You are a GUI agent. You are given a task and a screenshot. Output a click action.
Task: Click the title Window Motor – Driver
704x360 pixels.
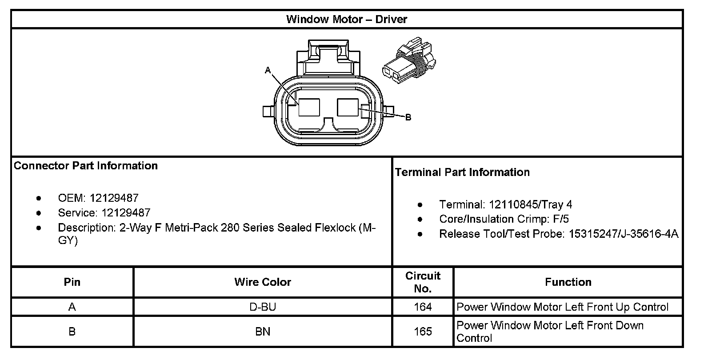(346, 19)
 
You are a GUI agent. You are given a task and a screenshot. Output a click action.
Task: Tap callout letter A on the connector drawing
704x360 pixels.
(268, 70)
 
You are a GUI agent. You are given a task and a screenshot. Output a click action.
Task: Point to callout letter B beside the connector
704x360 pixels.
(408, 117)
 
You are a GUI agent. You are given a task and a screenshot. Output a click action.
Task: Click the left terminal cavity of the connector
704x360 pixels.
(309, 108)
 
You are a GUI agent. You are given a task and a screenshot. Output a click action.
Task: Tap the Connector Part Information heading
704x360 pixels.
(86, 166)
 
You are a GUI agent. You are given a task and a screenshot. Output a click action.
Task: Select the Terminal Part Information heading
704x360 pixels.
(462, 172)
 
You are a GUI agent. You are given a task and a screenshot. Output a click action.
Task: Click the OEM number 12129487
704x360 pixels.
(114, 198)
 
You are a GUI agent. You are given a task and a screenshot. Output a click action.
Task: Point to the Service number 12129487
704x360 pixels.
(126, 213)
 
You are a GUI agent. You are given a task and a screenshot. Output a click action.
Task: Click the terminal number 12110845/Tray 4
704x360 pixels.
(530, 204)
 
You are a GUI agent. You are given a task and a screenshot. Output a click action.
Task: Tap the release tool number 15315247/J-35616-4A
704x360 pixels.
(624, 234)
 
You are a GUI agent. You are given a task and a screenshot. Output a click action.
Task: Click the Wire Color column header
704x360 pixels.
(263, 282)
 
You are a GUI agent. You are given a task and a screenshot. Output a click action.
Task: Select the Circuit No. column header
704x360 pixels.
(423, 282)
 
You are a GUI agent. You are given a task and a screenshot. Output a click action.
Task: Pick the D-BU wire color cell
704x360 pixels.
(263, 307)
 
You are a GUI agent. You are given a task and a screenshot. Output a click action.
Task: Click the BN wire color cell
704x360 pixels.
(263, 332)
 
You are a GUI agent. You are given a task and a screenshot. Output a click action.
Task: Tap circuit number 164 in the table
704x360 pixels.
(423, 307)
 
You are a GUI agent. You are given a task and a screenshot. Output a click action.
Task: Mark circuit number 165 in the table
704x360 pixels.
(423, 332)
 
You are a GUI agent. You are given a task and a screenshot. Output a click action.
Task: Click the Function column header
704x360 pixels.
(568, 282)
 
